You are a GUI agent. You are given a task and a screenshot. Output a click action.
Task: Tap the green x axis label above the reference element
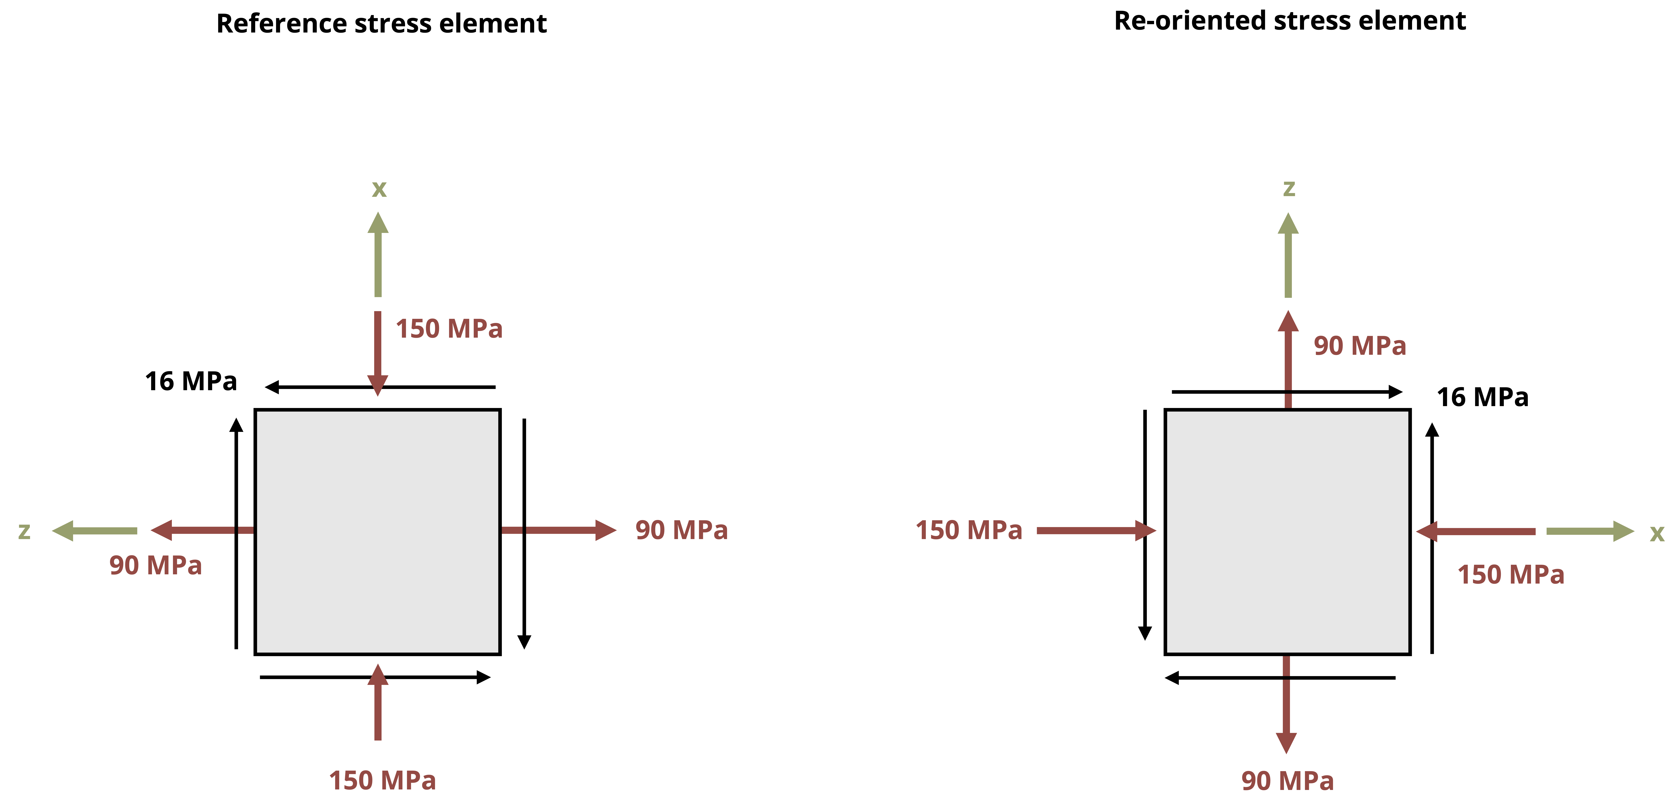[x=379, y=189]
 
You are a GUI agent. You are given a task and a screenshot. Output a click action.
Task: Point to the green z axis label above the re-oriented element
[x=1288, y=188]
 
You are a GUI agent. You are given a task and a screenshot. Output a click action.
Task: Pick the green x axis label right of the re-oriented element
[x=1657, y=533]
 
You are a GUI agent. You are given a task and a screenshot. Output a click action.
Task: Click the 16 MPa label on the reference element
[x=191, y=381]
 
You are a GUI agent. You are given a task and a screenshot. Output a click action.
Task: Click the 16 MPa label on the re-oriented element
[x=1482, y=397]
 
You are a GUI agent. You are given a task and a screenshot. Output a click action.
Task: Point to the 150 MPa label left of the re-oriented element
[x=969, y=531]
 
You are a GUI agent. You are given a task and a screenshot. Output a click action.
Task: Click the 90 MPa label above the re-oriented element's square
[x=1359, y=346]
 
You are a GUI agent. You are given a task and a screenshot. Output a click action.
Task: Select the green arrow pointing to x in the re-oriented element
[x=1589, y=531]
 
